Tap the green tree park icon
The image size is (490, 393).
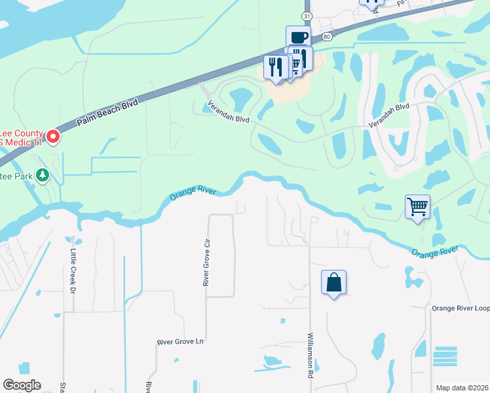point(43,175)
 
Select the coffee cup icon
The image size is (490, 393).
point(298,37)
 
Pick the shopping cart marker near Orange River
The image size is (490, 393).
point(417,207)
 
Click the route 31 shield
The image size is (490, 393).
point(307,14)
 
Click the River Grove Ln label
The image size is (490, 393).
point(181,342)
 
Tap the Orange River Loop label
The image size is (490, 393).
point(460,308)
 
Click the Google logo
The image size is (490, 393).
point(22,385)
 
